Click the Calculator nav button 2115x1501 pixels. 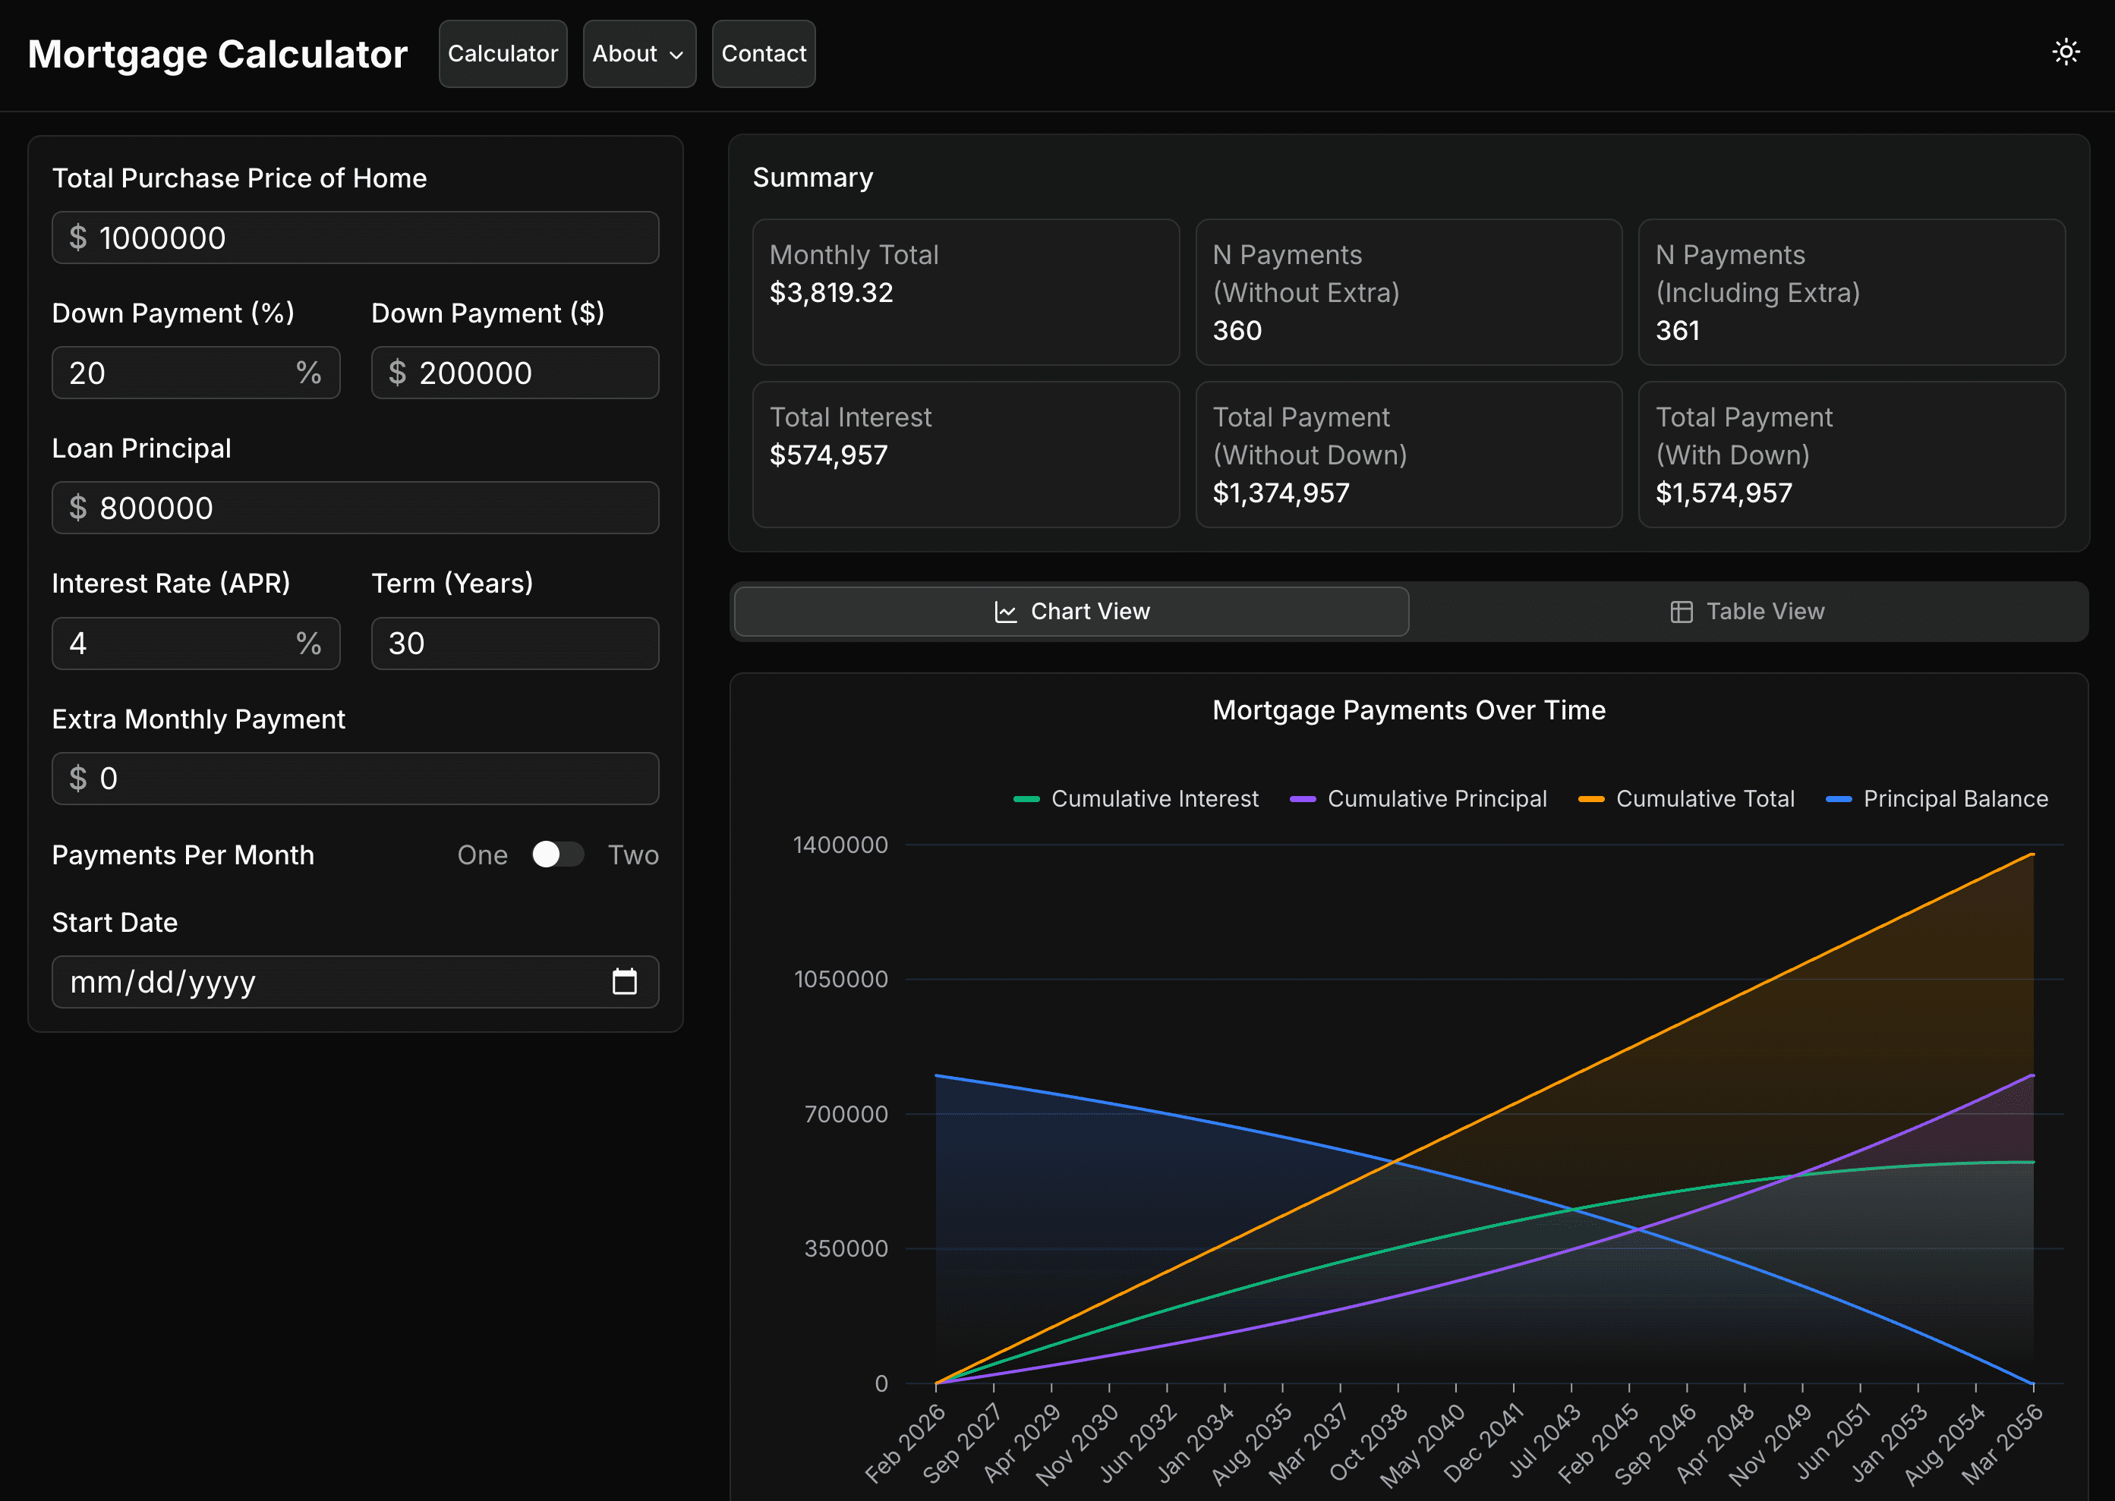(503, 54)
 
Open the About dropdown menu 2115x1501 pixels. (638, 54)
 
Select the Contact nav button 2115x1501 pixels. (764, 54)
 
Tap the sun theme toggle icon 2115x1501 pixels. (2066, 52)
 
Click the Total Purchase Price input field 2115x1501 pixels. (355, 238)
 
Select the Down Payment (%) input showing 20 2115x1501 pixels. (196, 373)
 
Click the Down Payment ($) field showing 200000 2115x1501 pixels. (515, 373)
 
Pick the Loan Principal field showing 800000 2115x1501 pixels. (355, 508)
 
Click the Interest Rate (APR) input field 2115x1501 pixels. (196, 644)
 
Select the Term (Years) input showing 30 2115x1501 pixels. (515, 644)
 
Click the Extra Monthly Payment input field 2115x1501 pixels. (355, 779)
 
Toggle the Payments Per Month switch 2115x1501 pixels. (557, 854)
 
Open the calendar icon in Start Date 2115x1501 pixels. (625, 980)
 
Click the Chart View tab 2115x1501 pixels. (1071, 611)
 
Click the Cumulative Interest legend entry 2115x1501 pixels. (1136, 798)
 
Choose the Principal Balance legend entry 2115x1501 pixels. (1937, 798)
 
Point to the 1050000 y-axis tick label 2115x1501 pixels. (841, 979)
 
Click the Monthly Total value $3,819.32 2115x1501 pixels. (832, 292)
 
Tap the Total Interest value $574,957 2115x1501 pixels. (828, 455)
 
